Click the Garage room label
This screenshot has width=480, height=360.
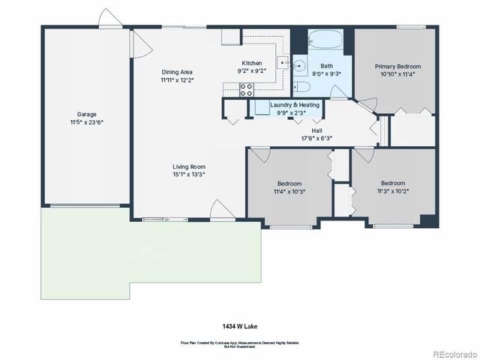click(86, 114)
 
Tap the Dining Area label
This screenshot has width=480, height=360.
click(176, 72)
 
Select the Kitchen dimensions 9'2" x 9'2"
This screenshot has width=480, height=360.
click(251, 71)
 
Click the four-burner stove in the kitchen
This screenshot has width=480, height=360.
click(246, 89)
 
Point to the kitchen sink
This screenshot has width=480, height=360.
click(280, 64)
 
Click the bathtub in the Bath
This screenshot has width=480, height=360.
click(325, 38)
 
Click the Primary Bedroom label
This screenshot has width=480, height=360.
click(397, 66)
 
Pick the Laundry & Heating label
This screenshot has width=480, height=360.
click(294, 105)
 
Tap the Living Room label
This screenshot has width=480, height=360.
click(189, 166)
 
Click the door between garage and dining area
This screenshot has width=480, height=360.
click(136, 44)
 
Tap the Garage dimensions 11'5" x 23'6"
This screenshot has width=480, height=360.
click(86, 121)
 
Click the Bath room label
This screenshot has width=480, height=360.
click(326, 66)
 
